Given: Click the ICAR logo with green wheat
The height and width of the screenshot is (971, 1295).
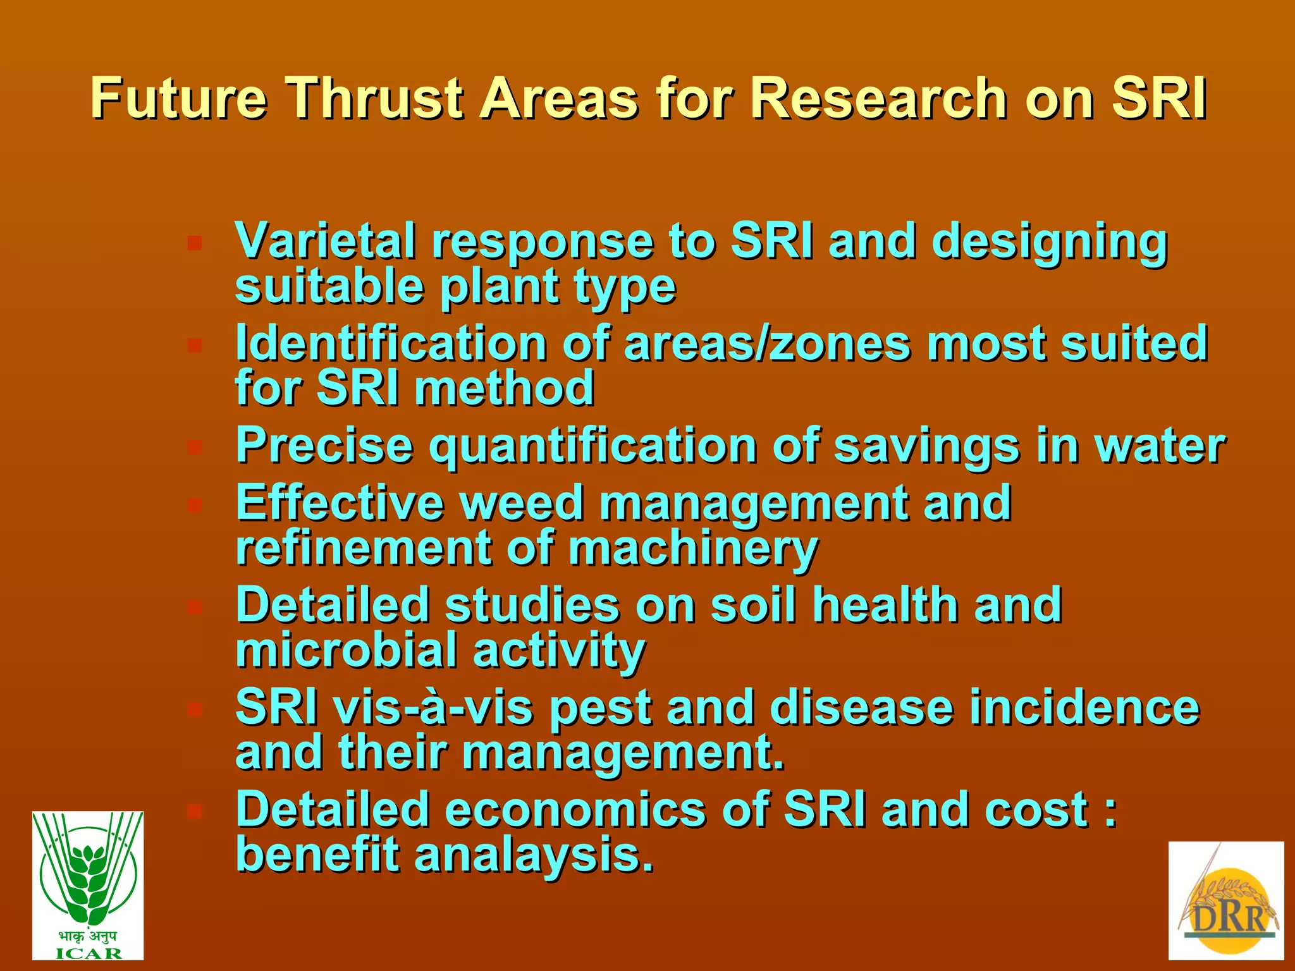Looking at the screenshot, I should click(88, 885).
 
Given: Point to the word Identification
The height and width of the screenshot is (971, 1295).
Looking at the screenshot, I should click(391, 343).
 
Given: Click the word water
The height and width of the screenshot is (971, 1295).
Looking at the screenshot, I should click(1160, 446).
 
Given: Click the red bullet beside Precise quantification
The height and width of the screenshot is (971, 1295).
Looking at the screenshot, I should click(195, 448).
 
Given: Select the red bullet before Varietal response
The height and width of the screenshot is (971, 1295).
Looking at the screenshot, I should click(195, 243).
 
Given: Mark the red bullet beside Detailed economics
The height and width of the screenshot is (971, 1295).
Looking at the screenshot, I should click(195, 811).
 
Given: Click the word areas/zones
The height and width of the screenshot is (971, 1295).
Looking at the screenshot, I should click(768, 343).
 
